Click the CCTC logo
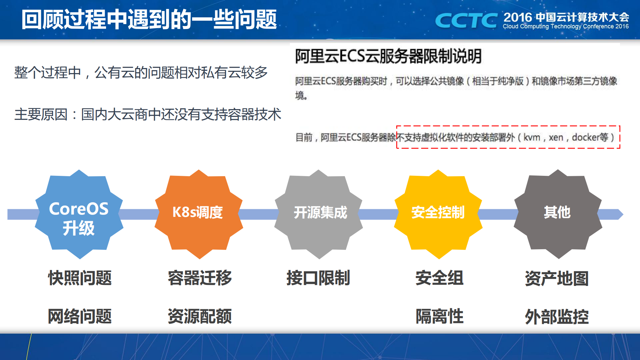tap(466, 21)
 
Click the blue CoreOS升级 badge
tap(79, 214)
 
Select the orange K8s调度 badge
tap(198, 214)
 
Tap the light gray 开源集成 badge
tap(318, 214)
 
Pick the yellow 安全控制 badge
tap(438, 214)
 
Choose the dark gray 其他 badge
tap(558, 214)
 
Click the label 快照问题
tap(80, 278)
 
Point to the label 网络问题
tap(80, 316)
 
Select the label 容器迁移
tap(199, 278)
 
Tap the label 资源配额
tap(199, 316)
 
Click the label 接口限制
tap(318, 278)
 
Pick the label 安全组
tap(439, 278)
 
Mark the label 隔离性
tap(439, 316)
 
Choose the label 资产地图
tap(557, 278)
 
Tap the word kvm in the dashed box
tap(532, 137)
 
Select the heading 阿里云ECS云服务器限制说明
tap(388, 56)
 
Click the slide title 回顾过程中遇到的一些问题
tap(149, 19)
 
